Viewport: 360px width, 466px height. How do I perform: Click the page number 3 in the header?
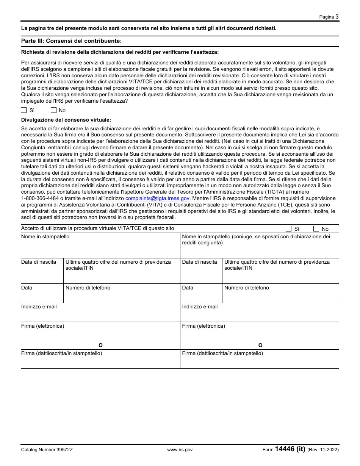pos(337,17)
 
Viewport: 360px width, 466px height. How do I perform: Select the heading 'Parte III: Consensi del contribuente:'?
pos(71,41)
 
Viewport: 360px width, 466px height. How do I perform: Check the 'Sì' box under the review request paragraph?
pos(24,110)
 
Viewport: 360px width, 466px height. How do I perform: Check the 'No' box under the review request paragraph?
pos(53,110)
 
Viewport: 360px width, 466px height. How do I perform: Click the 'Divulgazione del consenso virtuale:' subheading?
pos(66,120)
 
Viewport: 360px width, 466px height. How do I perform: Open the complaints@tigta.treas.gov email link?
pos(157,198)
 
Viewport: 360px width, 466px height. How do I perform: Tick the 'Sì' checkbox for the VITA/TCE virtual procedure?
pos(288,229)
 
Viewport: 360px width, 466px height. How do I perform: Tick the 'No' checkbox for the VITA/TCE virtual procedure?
pos(316,229)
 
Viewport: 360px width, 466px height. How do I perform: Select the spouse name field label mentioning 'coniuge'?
pos(256,239)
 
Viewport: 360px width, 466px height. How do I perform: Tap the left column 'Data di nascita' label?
pos(39,262)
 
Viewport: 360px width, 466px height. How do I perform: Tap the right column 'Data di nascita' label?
pos(200,262)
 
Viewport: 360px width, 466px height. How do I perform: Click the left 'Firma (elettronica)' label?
pos(43,326)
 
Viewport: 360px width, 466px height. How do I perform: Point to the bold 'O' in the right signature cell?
pos(260,345)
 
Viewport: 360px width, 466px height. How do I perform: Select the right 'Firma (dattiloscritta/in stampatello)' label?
pos(222,353)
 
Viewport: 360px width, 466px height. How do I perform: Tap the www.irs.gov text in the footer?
pos(180,450)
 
